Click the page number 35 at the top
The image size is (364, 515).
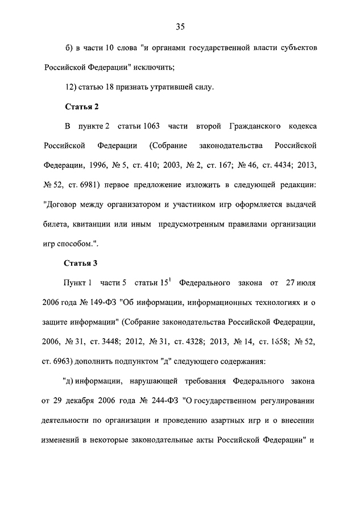[181, 27]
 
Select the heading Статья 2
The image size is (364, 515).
[80, 106]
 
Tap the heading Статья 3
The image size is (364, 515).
[80, 263]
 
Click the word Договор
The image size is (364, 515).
[65, 204]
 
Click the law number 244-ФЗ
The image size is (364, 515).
[162, 401]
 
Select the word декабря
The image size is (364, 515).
[87, 401]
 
